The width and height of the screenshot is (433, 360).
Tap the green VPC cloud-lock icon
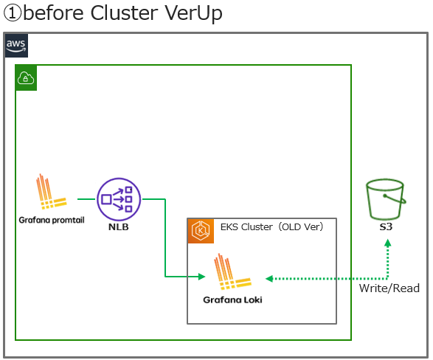(27, 77)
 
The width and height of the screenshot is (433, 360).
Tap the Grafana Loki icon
(232, 274)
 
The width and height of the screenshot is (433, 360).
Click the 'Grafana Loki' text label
(232, 300)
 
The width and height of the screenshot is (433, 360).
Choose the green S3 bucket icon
(386, 198)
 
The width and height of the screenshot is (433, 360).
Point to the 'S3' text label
(386, 227)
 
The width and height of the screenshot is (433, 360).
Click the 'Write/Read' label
(389, 288)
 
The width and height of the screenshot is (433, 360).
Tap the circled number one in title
(11, 13)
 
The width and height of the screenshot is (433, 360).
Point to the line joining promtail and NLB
(86, 198)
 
